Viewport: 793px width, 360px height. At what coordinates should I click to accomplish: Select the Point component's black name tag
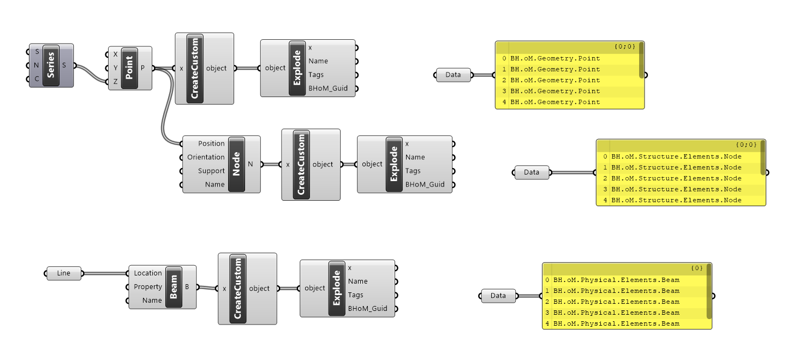[129, 68]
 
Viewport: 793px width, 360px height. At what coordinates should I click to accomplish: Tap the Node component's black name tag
[236, 164]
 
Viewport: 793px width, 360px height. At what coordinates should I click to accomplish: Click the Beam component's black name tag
[173, 287]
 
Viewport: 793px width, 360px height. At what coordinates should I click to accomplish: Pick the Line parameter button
[63, 273]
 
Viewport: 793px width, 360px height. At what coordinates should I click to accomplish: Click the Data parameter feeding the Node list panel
[531, 172]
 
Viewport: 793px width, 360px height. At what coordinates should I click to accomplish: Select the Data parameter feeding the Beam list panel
[498, 296]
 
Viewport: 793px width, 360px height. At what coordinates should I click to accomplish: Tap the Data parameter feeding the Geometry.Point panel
[453, 75]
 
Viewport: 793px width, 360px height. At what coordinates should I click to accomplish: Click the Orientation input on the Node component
[206, 157]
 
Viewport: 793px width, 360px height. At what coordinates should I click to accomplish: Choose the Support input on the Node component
[211, 171]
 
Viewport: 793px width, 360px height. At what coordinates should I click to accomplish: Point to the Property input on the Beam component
[148, 287]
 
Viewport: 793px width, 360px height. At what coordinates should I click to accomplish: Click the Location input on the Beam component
[148, 273]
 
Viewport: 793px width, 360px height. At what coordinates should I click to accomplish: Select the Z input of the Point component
[115, 82]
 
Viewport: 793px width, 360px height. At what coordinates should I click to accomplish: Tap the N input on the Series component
[37, 66]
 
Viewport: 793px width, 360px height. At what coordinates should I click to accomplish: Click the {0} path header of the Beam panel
[696, 268]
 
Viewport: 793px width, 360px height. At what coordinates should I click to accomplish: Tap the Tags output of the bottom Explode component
[355, 295]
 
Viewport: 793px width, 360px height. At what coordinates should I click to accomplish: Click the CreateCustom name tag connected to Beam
[238, 289]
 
